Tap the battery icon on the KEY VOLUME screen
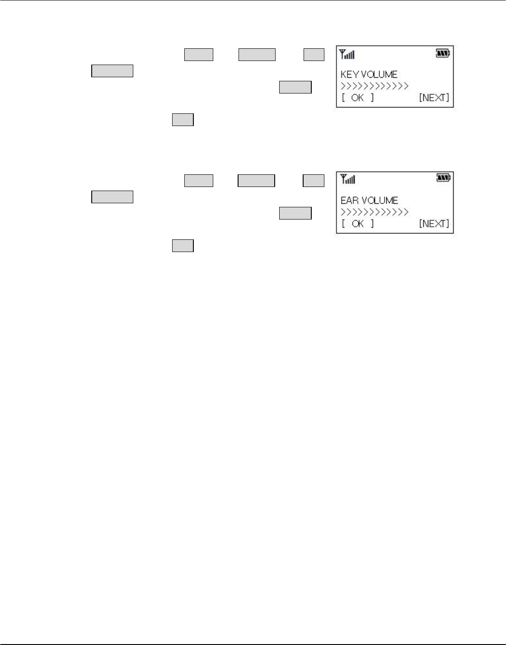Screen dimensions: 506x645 pyautogui.click(x=443, y=54)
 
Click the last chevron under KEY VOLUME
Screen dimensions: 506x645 pyautogui.click(x=406, y=86)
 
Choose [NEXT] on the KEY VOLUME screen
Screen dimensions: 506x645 pyautogui.click(x=434, y=98)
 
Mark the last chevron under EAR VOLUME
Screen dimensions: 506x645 pyautogui.click(x=406, y=212)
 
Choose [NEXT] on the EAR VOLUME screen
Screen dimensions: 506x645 pyautogui.click(x=434, y=223)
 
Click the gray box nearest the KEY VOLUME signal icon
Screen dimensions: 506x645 pyautogui.click(x=314, y=55)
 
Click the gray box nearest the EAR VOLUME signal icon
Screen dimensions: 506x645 pyautogui.click(x=314, y=181)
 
